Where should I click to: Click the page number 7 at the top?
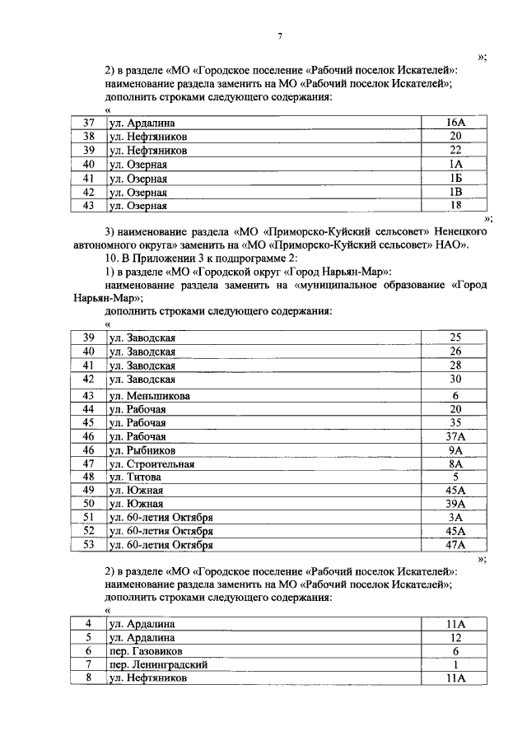(x=281, y=36)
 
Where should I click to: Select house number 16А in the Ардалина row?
(x=455, y=123)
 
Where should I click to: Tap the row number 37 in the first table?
(x=89, y=123)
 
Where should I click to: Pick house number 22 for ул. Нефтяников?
(x=455, y=151)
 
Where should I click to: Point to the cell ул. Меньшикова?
(x=150, y=395)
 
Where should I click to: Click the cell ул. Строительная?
(x=152, y=464)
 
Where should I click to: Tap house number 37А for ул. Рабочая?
(x=455, y=436)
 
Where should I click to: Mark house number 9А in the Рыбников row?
(x=455, y=450)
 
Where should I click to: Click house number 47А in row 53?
(x=455, y=544)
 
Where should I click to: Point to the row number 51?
(x=89, y=517)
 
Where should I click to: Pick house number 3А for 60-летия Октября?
(x=455, y=517)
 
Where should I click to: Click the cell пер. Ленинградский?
(x=157, y=664)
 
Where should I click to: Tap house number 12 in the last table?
(x=455, y=637)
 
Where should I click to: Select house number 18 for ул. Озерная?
(x=455, y=206)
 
